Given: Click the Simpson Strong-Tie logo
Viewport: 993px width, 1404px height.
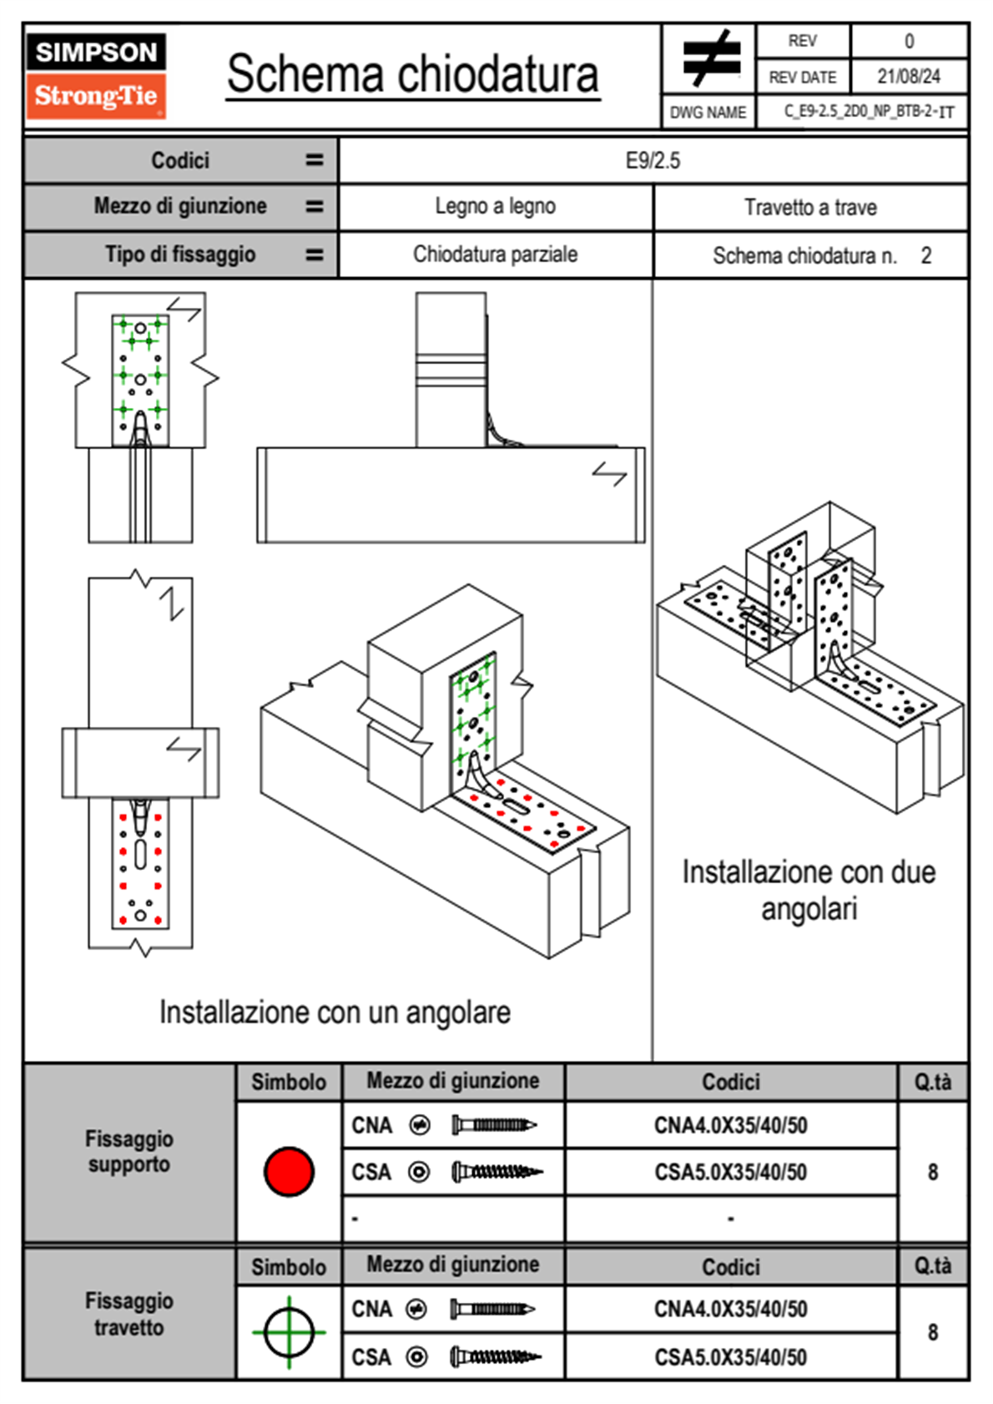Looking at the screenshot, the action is (96, 76).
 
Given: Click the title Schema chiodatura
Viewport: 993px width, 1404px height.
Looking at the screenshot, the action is (413, 74).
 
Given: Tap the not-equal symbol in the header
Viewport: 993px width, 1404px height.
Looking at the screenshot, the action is (711, 58).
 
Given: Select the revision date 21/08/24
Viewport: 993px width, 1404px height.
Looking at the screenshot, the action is (909, 77).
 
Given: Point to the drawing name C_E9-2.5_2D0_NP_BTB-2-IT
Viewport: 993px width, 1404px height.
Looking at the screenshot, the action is (869, 112).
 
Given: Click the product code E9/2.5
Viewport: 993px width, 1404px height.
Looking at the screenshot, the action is (653, 160).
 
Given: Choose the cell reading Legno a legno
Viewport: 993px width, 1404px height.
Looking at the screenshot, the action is (495, 206).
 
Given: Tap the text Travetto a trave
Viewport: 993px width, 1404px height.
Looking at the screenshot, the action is (810, 207).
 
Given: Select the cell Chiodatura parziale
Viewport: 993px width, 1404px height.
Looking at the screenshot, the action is (495, 255).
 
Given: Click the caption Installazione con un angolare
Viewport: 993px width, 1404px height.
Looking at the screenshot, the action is (335, 1013).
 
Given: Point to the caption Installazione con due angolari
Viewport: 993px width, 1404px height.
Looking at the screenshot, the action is (809, 890).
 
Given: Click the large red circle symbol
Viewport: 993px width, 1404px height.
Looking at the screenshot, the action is (289, 1171).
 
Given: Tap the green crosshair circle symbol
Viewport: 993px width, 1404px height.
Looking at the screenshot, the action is (289, 1332).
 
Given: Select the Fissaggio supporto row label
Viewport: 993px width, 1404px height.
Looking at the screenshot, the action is (129, 1151).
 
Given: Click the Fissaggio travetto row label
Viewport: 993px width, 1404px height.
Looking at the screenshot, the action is (129, 1314).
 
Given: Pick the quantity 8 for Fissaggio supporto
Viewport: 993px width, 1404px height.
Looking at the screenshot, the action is (932, 1172).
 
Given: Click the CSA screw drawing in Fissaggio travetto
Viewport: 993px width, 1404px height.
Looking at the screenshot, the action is (496, 1357).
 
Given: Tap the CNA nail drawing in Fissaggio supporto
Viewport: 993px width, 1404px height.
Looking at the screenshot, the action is (494, 1125).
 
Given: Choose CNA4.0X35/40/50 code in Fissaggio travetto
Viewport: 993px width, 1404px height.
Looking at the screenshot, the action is (730, 1309).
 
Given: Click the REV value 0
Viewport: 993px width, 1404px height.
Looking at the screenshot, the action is (909, 42).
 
